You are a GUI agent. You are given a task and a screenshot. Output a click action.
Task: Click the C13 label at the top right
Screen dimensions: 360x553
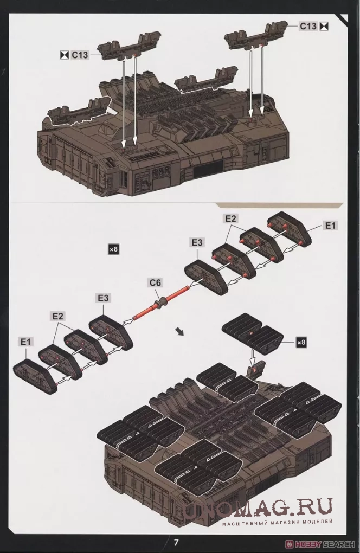(x=308, y=26)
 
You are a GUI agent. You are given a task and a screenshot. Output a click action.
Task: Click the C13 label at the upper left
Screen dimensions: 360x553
(x=79, y=55)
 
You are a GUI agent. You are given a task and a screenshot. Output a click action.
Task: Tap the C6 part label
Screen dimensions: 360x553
(x=155, y=282)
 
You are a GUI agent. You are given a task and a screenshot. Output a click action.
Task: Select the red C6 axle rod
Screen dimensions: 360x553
(x=160, y=303)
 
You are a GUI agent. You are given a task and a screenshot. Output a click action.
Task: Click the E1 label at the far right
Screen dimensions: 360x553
(x=330, y=226)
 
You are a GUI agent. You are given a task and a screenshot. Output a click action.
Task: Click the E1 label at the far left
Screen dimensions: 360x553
(x=25, y=342)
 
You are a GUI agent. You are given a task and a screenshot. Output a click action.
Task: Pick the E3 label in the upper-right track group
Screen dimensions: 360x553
(x=197, y=242)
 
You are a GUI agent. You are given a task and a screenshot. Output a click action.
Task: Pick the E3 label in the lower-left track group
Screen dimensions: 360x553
(x=104, y=298)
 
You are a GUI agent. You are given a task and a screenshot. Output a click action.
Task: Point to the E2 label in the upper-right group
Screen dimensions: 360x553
(x=230, y=218)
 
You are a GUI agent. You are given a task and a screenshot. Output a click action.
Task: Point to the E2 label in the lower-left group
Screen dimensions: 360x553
(x=58, y=316)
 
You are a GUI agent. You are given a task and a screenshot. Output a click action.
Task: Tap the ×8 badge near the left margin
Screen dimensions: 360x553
(x=113, y=249)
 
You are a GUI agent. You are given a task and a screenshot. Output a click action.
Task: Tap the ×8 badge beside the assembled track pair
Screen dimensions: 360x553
(x=301, y=342)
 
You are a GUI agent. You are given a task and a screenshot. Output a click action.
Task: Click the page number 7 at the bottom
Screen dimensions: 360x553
(x=176, y=542)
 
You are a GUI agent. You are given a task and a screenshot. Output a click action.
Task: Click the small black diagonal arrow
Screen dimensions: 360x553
(x=180, y=331)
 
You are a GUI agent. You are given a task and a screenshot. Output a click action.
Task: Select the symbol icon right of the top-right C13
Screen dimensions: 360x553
(x=324, y=26)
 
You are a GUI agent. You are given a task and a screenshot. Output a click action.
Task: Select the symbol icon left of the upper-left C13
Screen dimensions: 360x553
(x=64, y=55)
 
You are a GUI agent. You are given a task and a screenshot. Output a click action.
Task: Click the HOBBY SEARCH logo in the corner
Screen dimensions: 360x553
(x=322, y=544)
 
